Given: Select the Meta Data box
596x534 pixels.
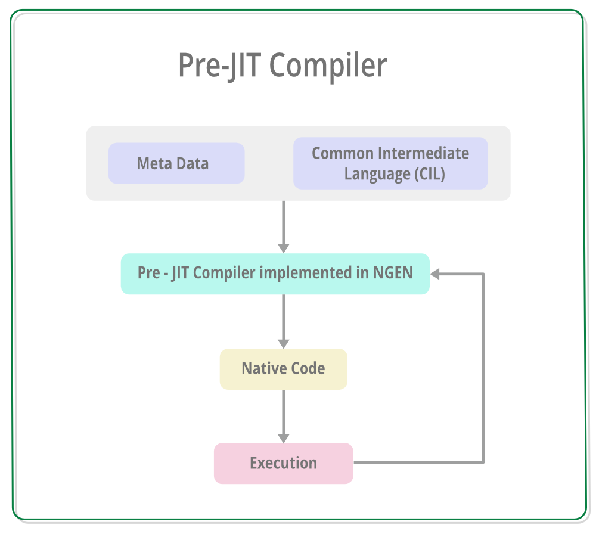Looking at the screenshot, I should pyautogui.click(x=176, y=163).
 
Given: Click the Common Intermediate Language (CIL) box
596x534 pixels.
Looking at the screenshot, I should pyautogui.click(x=390, y=163).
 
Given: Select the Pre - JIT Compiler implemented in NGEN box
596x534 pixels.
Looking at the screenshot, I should pyautogui.click(x=275, y=274).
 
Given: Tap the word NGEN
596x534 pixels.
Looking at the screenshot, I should pyautogui.click(x=393, y=273).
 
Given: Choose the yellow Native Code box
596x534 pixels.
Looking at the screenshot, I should pyautogui.click(x=283, y=369).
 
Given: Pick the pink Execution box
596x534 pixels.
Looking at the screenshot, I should pyautogui.click(x=283, y=463).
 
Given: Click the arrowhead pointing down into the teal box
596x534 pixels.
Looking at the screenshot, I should pyautogui.click(x=283, y=247).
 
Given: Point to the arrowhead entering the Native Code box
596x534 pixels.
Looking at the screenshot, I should pyautogui.click(x=283, y=343).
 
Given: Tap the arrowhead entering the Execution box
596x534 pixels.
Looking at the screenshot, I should pyautogui.click(x=283, y=437).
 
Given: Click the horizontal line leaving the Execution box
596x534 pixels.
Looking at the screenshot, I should pyautogui.click(x=417, y=462).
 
